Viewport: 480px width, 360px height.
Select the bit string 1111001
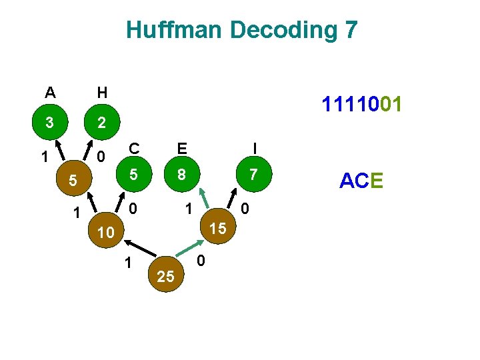pyautogui.click(x=361, y=105)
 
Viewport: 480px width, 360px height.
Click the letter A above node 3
pyautogui.click(x=50, y=92)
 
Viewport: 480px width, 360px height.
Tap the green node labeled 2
pyautogui.click(x=101, y=123)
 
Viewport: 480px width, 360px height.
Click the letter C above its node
pyautogui.click(x=134, y=147)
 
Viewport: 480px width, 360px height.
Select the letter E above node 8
pyautogui.click(x=181, y=147)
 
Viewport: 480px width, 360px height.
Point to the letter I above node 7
pyautogui.click(x=253, y=147)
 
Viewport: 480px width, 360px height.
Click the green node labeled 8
pyautogui.click(x=181, y=175)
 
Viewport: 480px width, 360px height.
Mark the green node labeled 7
pyautogui.click(x=253, y=175)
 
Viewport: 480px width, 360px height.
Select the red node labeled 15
pyautogui.click(x=217, y=228)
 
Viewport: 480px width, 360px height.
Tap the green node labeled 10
pyautogui.click(x=105, y=233)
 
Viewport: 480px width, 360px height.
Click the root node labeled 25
pyautogui.click(x=166, y=276)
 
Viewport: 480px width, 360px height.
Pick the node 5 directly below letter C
pyautogui.click(x=133, y=175)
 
